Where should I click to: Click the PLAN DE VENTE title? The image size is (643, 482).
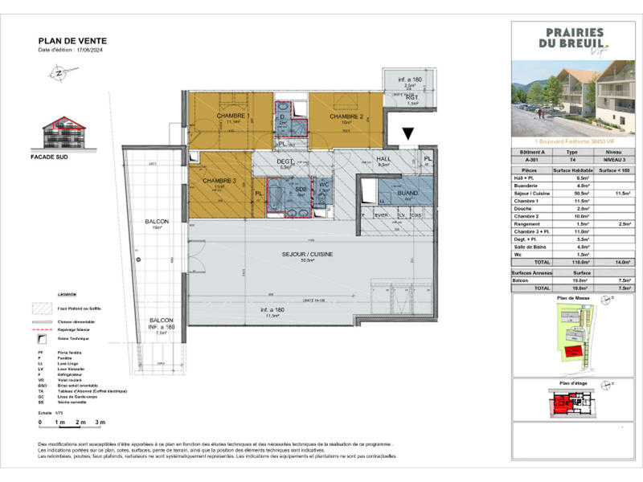tap(72, 40)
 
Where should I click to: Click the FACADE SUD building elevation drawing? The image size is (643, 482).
tap(63, 133)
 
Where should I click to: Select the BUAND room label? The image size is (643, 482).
tap(408, 194)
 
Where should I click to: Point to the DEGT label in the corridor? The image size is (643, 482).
tap(285, 161)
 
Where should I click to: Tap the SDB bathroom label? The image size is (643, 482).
tap(301, 190)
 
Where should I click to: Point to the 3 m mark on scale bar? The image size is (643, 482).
tap(99, 422)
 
